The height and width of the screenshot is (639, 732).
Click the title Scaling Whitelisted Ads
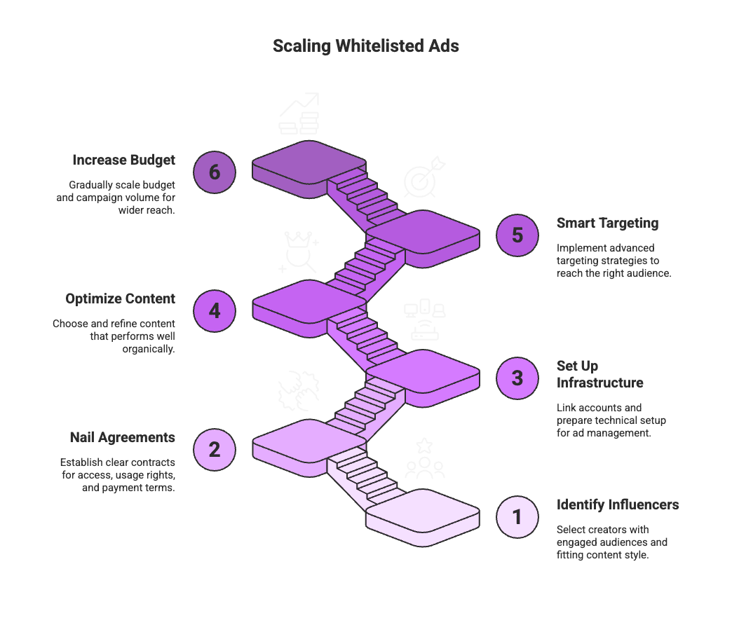click(x=365, y=47)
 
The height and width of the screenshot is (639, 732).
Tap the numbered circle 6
click(x=215, y=170)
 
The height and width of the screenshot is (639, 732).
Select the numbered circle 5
click(x=517, y=234)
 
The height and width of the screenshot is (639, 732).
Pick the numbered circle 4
click(x=215, y=309)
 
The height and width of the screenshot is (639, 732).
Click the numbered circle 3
click(x=517, y=378)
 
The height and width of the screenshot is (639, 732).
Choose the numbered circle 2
click(x=215, y=448)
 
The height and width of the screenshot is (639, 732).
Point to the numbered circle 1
click(x=517, y=517)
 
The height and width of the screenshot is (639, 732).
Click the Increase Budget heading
click(x=123, y=160)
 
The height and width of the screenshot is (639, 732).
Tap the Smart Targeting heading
click(x=607, y=224)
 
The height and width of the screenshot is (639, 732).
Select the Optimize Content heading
click(x=120, y=299)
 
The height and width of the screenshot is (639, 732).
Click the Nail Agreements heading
click(x=122, y=438)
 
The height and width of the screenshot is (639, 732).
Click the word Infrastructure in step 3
click(x=599, y=383)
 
